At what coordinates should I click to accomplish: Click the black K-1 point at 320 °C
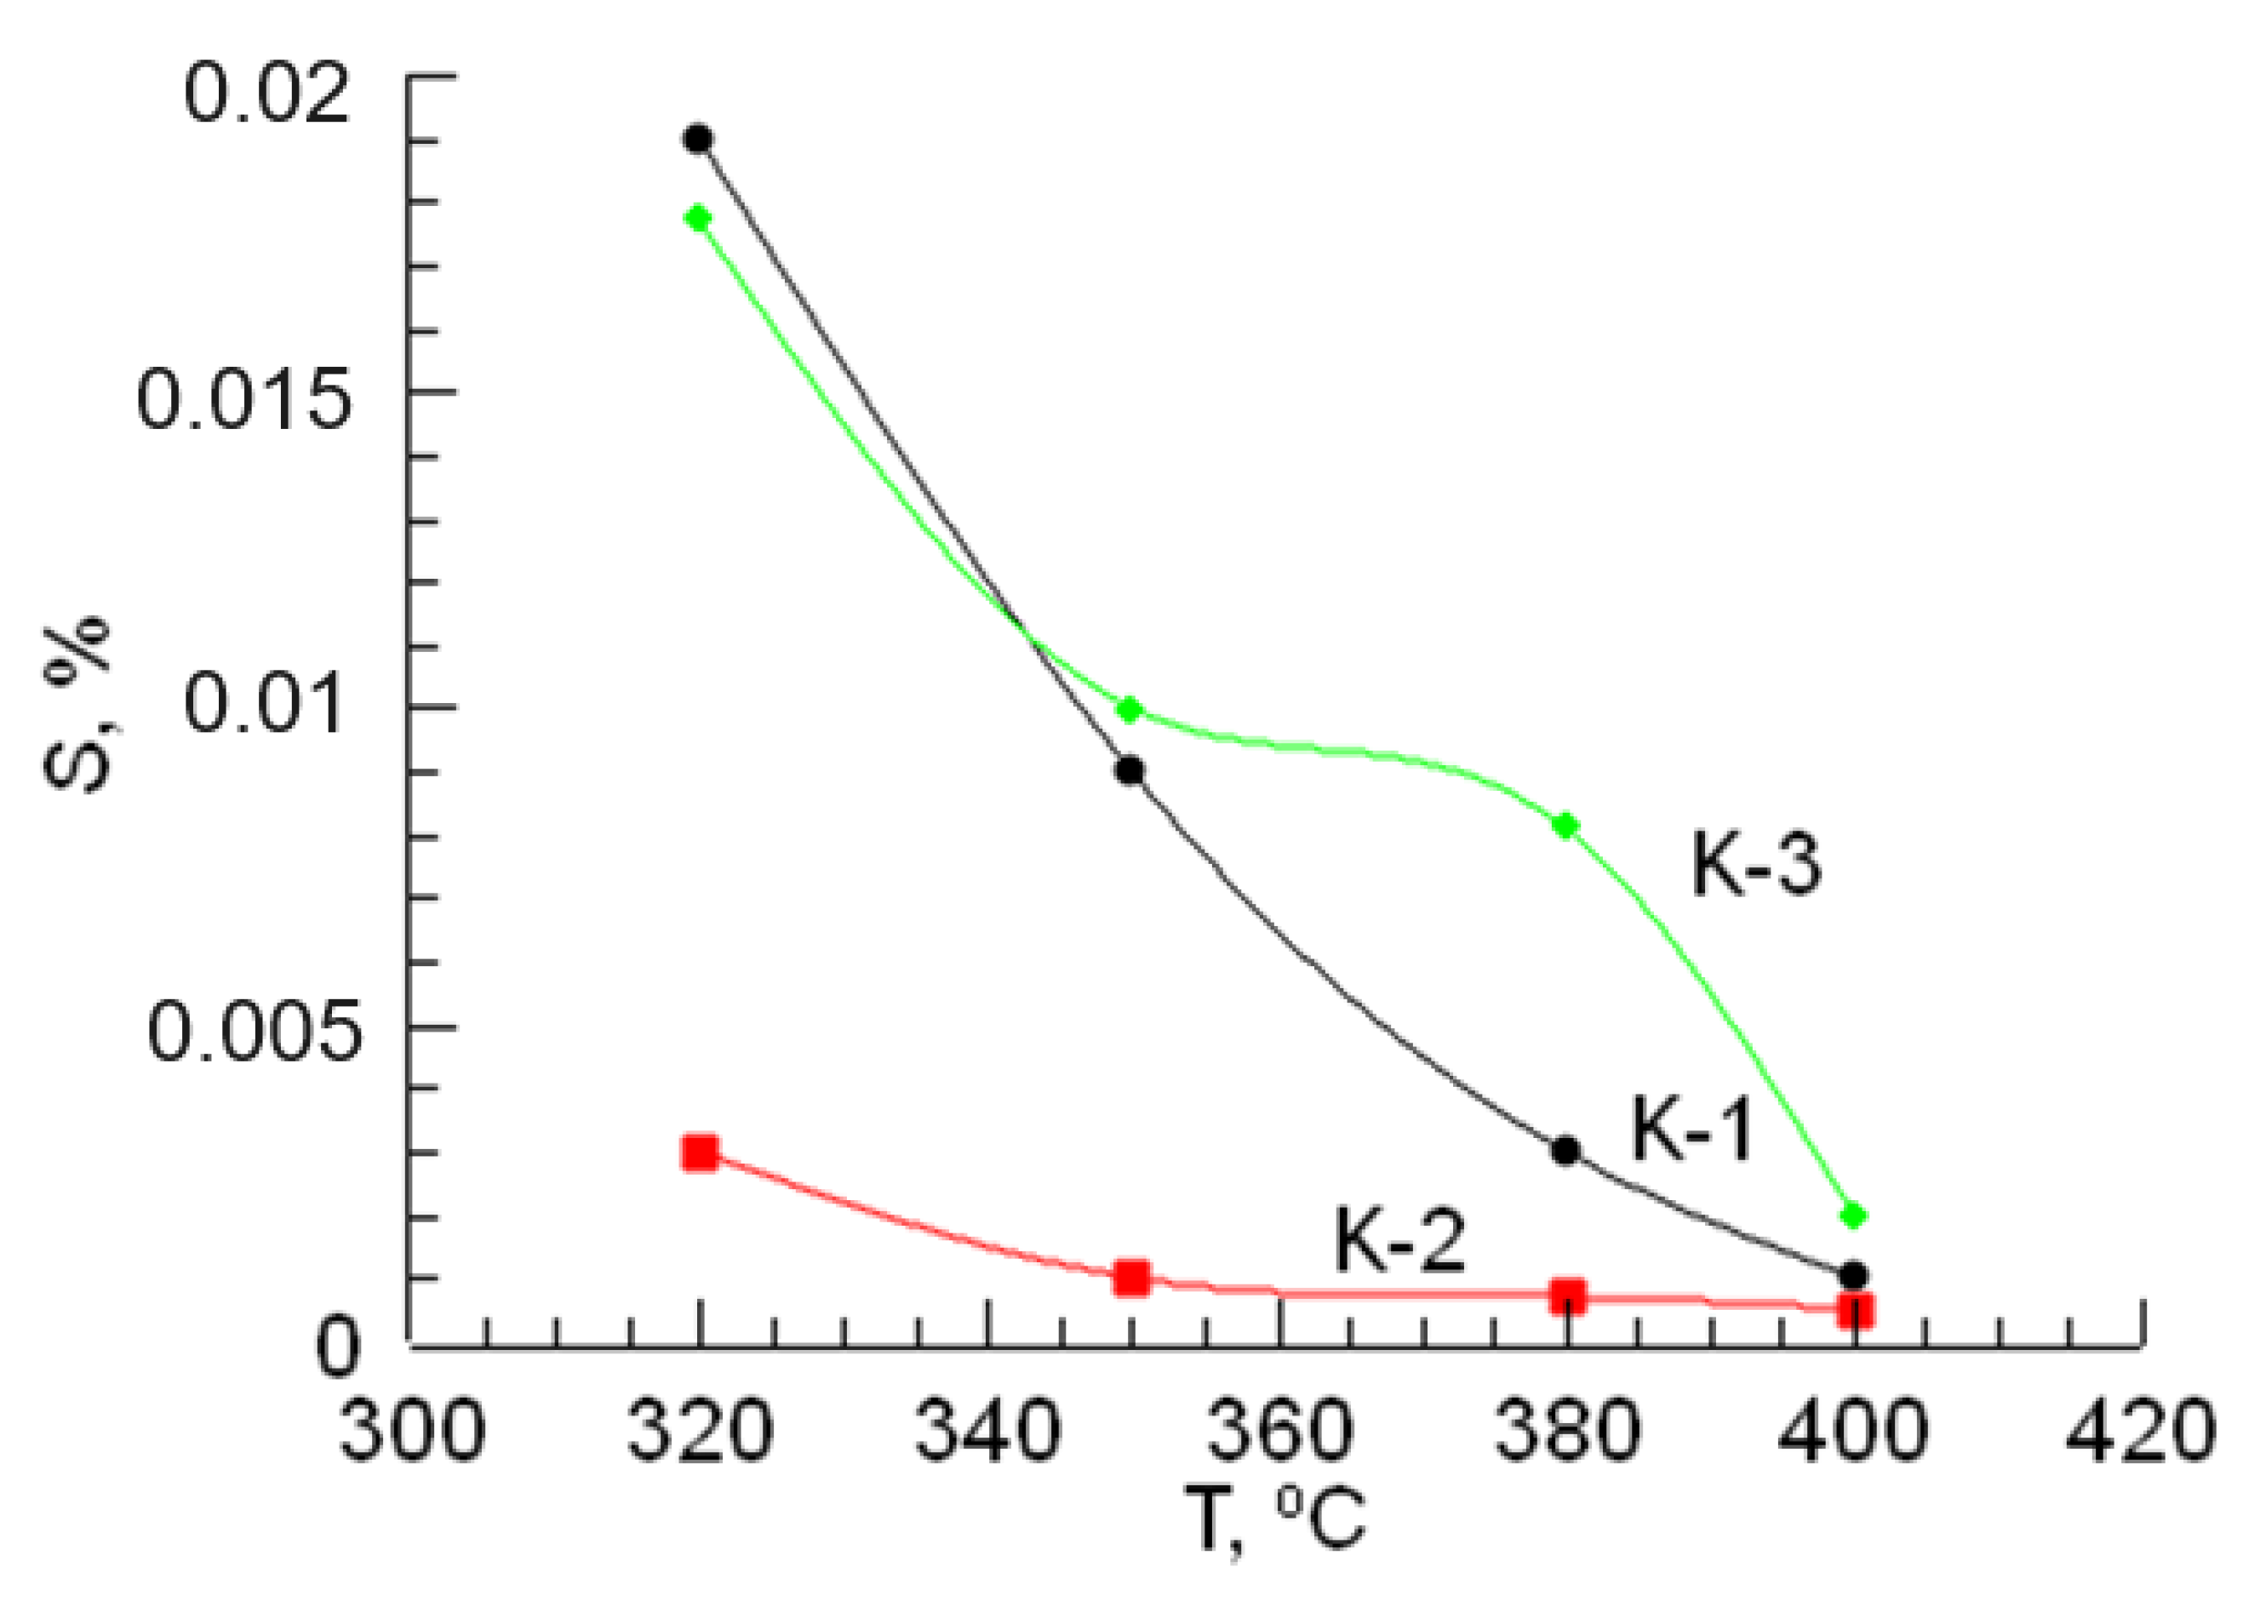(x=698, y=139)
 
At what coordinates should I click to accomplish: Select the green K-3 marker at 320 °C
(x=698, y=218)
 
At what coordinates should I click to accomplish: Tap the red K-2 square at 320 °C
(x=699, y=1153)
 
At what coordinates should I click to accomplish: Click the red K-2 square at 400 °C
(x=1856, y=1312)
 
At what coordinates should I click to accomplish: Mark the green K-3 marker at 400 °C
(x=1854, y=1215)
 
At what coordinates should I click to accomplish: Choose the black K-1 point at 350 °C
(x=1130, y=770)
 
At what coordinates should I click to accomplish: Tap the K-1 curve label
(x=1692, y=1130)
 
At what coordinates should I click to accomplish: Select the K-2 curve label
(x=1399, y=1242)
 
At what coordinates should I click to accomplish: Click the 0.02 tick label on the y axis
(x=267, y=95)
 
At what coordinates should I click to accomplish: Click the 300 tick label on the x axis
(x=412, y=1431)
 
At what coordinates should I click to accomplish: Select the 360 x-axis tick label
(x=1279, y=1431)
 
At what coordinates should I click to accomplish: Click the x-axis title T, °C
(x=1276, y=1520)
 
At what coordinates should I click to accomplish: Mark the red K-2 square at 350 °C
(x=1131, y=1278)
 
